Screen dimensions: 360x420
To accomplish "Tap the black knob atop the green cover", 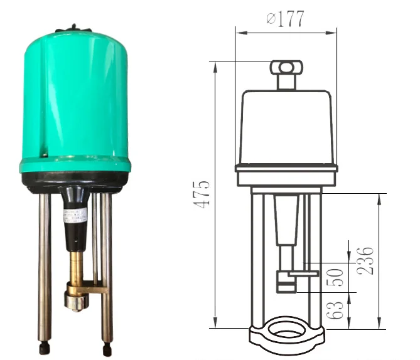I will coord(74,28).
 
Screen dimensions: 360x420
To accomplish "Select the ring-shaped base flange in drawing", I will coord(286,336).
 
